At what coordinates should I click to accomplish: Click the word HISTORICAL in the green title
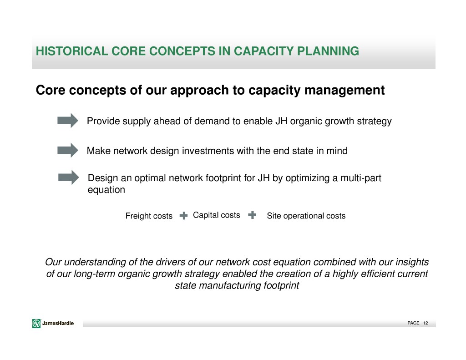[71, 51]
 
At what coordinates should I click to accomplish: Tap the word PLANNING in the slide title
[328, 51]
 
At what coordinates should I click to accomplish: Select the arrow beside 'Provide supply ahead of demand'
[68, 121]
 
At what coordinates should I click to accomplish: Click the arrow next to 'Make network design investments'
[68, 150]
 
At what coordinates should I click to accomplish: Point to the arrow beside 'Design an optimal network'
[69, 177]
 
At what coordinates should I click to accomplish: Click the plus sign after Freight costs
[184, 216]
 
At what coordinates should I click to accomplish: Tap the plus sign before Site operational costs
[252, 215]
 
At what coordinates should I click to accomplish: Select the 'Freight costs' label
[149, 216]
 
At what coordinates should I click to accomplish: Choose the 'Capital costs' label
[216, 215]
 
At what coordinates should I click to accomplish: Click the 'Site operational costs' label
[306, 216]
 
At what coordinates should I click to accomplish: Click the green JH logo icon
[36, 323]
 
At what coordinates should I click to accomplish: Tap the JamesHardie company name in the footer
[58, 323]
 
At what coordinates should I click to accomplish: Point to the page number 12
[425, 323]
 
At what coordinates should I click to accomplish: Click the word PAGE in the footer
[413, 323]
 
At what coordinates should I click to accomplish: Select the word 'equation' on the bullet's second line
[106, 190]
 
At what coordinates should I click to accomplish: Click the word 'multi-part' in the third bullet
[361, 178]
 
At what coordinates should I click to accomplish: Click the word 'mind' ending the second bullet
[337, 151]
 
